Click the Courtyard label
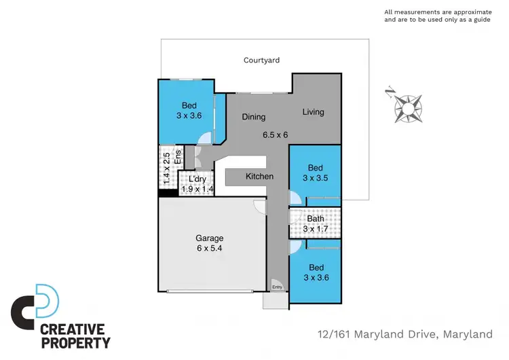coord(261,60)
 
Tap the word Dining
coord(254,117)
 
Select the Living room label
coord(313,112)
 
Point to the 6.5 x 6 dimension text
coord(276,134)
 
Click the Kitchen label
coord(259,177)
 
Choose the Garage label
coord(209,238)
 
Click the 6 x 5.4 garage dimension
coord(209,249)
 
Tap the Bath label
coord(315,219)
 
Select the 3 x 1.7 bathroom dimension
coord(315,229)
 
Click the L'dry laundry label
coord(197,179)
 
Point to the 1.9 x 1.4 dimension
coord(197,189)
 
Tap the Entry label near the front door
coord(277,287)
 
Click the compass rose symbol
coord(407,107)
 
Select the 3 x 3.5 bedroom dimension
coord(315,178)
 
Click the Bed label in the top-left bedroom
coord(189,105)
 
